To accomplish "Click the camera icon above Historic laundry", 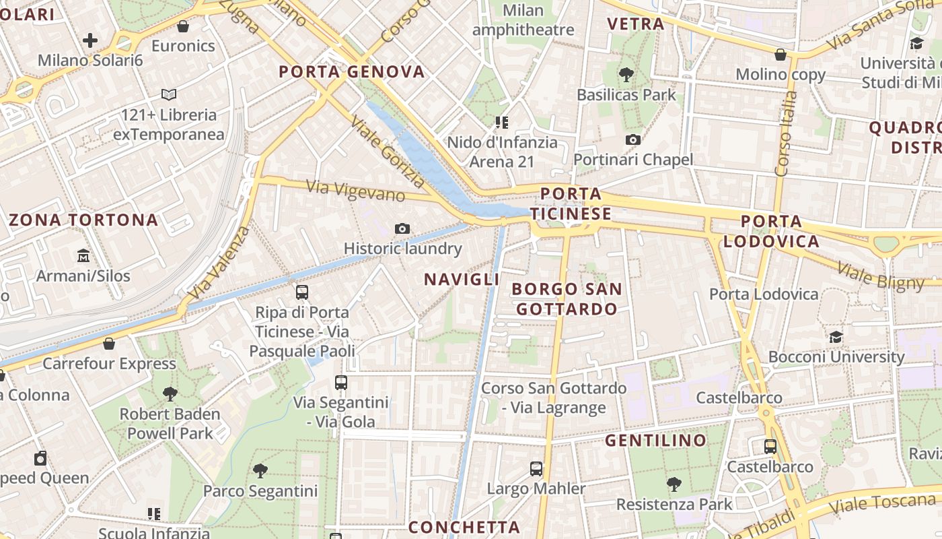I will (402, 228).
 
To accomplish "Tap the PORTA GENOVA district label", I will (352, 71).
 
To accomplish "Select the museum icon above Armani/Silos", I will (83, 256).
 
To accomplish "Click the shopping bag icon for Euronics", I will (182, 26).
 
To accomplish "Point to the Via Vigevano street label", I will (356, 190).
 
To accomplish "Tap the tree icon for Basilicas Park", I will (626, 75).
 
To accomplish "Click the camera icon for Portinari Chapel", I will (632, 139).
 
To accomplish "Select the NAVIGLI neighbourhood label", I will (462, 279).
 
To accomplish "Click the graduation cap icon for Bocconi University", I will (836, 337).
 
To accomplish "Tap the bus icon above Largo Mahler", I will (536, 468).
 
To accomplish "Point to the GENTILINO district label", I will (655, 441).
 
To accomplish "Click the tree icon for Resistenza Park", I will (674, 484).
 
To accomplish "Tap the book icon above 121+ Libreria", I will (169, 95).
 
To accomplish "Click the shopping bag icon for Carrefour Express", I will (109, 344).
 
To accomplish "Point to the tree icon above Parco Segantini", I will (260, 471).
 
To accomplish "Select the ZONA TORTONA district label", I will (84, 220).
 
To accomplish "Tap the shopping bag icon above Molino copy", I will (781, 55).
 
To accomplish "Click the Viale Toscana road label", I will (882, 503).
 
